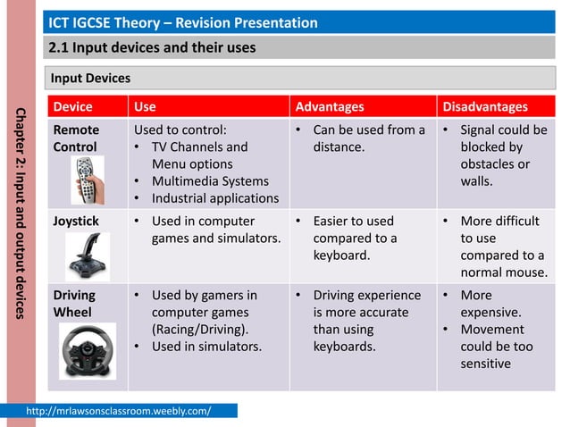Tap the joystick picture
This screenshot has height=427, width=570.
click(88, 255)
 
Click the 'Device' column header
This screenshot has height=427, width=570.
click(72, 107)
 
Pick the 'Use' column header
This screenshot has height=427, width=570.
click(144, 107)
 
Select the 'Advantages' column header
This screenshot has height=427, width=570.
click(330, 107)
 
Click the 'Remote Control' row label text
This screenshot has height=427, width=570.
click(76, 138)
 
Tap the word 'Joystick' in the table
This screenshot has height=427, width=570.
click(76, 221)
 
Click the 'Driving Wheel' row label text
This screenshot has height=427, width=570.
click(74, 304)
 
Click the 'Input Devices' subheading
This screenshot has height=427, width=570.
click(90, 79)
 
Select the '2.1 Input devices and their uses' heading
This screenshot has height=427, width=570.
click(152, 47)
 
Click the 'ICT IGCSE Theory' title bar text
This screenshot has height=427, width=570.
click(182, 21)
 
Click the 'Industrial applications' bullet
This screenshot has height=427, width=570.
click(214, 198)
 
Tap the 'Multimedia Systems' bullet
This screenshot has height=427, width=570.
click(210, 181)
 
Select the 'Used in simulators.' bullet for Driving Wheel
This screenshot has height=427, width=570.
click(206, 347)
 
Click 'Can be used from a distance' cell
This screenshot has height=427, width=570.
click(368, 138)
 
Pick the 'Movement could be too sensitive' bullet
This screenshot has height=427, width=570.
click(497, 347)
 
